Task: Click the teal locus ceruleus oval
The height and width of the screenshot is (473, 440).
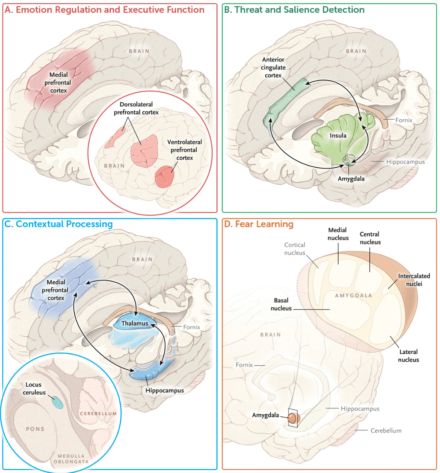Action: tap(57, 402)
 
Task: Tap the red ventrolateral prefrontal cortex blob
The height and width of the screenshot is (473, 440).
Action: tap(164, 177)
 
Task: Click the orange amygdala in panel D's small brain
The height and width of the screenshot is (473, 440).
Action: tap(292, 418)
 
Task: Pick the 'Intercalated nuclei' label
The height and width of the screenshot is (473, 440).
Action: tap(414, 280)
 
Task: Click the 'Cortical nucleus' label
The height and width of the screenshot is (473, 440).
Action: tap(295, 249)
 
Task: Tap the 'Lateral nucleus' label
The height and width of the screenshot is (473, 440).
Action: tap(408, 356)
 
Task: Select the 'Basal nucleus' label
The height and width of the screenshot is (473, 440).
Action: tap(281, 304)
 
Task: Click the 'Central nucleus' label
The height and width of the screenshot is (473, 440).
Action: tap(370, 238)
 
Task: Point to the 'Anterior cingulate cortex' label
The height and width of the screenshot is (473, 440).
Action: tap(273, 67)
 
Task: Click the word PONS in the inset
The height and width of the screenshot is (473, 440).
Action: tap(35, 429)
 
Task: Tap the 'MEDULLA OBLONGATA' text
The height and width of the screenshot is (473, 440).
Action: tap(71, 459)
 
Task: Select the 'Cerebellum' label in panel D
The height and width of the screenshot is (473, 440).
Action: tap(386, 431)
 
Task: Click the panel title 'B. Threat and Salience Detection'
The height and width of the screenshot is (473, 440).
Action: tap(294, 10)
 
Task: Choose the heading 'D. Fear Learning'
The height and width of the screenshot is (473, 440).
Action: tap(259, 224)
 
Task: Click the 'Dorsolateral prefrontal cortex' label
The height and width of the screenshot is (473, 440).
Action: tap(136, 108)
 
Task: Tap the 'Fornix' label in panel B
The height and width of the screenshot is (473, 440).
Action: tap(404, 120)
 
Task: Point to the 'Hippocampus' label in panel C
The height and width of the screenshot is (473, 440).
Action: tap(165, 391)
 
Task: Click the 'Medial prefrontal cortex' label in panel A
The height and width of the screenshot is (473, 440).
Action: tap(58, 83)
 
